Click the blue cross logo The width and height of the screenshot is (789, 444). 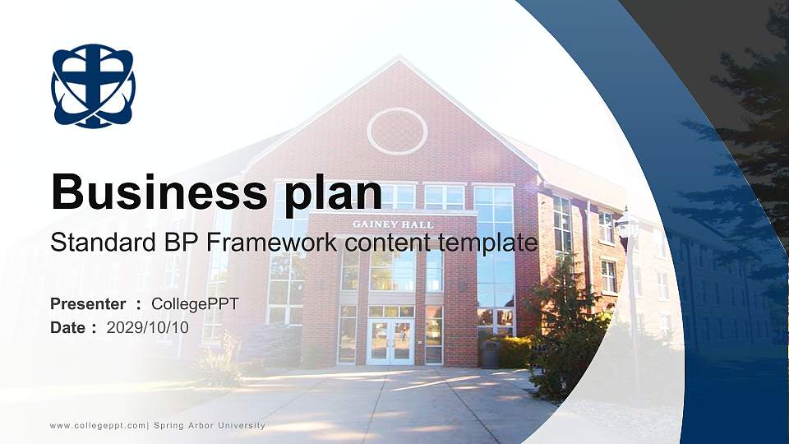pos(93,86)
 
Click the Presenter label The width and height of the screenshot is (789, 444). pos(88,304)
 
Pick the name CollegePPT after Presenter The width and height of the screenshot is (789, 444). pos(195,304)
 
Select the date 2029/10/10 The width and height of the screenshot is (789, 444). pos(148,327)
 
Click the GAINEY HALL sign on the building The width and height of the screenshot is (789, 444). pos(393,224)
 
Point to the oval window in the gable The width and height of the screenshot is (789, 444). pos(397,131)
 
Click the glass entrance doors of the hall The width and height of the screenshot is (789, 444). pos(390,341)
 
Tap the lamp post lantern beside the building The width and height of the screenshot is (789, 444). pos(627,224)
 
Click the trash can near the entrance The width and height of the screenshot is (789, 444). pos(491,354)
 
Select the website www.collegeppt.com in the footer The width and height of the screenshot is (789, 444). pos(98,425)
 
